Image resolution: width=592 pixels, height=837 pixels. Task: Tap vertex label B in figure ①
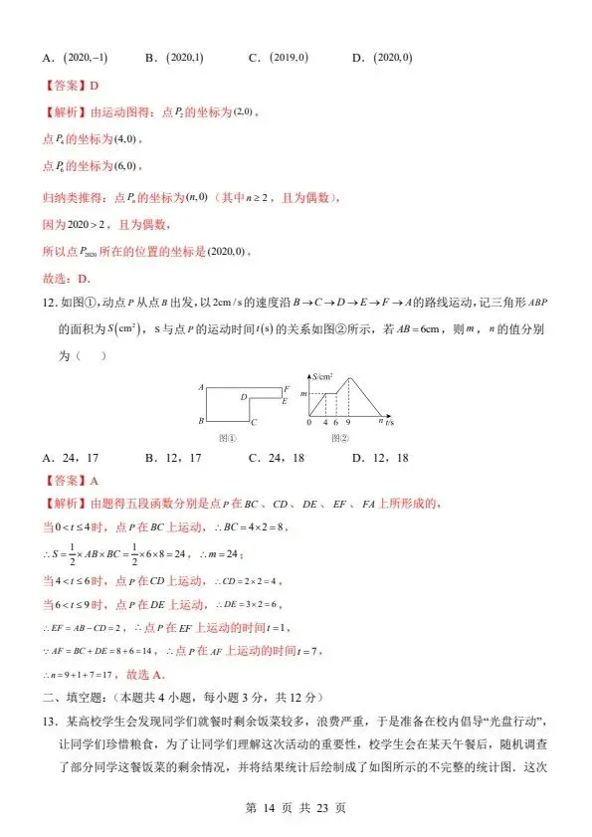(201, 422)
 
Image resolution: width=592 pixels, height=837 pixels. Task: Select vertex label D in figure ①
(244, 396)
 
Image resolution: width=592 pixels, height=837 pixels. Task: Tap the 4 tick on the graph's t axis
(324, 422)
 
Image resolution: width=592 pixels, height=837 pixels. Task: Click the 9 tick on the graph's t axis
(347, 422)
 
